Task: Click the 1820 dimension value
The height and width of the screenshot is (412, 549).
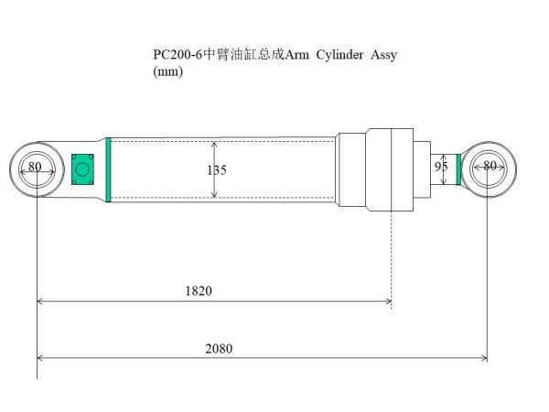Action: click(x=199, y=291)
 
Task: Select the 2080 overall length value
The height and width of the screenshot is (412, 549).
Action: click(x=220, y=349)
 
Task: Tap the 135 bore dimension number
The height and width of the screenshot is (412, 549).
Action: click(x=217, y=170)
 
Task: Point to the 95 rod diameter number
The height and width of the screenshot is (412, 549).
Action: click(x=440, y=168)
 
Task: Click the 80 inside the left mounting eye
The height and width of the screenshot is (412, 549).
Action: click(x=35, y=167)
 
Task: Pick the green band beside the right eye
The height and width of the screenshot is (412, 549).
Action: click(x=458, y=168)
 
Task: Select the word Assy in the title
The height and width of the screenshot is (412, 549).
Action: click(x=384, y=55)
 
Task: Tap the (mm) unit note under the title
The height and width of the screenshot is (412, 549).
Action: click(x=167, y=72)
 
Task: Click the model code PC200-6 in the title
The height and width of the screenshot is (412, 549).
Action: click(x=176, y=55)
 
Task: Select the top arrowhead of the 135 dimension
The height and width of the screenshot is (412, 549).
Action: click(x=214, y=145)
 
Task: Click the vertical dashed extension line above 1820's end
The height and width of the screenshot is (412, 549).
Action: click(x=392, y=247)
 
